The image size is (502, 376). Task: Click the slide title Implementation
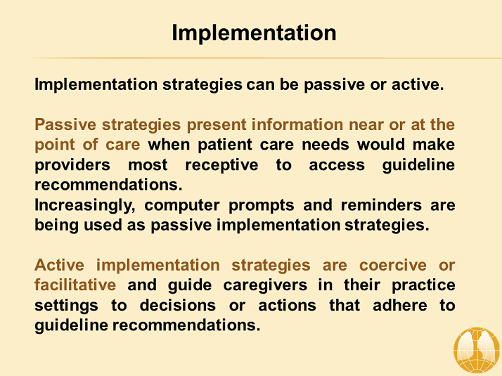pos(254,32)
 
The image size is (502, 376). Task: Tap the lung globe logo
pos(476,350)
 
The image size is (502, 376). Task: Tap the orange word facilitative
pos(75,285)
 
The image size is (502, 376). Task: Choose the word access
pos(337,165)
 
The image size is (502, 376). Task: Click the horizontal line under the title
pos(251,58)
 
